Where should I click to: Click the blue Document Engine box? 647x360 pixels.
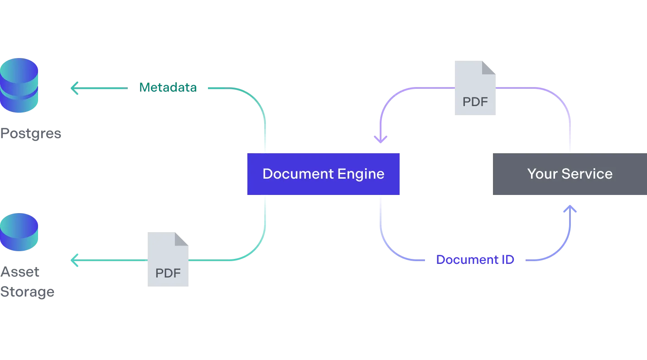tap(323, 174)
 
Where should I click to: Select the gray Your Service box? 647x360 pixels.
tap(570, 174)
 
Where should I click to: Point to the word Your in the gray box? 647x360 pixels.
tap(542, 174)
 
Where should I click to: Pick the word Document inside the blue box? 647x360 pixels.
tap(296, 174)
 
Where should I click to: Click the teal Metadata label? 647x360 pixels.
tap(168, 88)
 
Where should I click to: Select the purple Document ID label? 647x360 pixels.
tap(474, 260)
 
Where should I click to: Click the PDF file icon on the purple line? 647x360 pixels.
tap(475, 87)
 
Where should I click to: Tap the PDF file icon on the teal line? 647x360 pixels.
tap(166, 259)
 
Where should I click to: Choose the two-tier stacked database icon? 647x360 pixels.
tap(19, 85)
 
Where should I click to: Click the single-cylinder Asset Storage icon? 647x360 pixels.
tap(19, 232)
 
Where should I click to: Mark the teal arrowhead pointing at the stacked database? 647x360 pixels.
tap(74, 88)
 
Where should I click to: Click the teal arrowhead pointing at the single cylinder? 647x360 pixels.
tap(74, 260)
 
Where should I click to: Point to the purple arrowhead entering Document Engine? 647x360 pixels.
tap(380, 139)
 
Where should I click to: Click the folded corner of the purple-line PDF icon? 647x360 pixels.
tap(489, 67)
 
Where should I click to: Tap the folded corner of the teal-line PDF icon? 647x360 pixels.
tap(182, 239)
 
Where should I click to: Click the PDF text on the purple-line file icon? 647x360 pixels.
tap(475, 102)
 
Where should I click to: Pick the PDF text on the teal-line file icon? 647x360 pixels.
tap(168, 273)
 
